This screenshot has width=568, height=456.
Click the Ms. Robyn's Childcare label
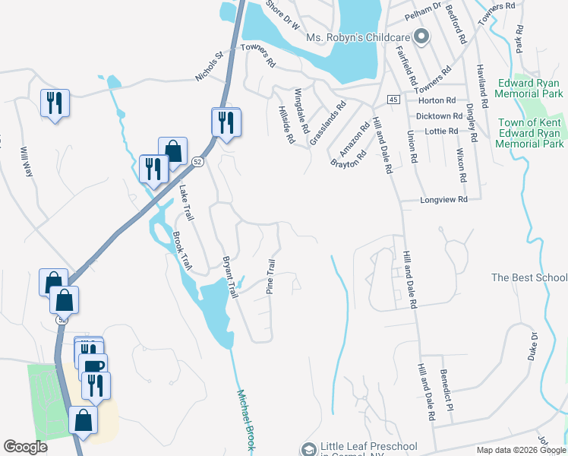358,37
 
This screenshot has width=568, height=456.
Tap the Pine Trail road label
270,277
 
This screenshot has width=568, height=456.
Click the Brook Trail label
181,251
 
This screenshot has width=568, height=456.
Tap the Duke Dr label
534,346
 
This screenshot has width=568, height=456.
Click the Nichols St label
210,66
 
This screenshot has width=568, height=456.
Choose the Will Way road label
27,162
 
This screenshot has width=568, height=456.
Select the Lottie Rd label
443,131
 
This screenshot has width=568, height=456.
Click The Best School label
529,277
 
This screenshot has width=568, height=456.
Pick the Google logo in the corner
25,447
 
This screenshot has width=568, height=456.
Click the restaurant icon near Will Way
55,103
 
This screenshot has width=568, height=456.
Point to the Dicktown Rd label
440,116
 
